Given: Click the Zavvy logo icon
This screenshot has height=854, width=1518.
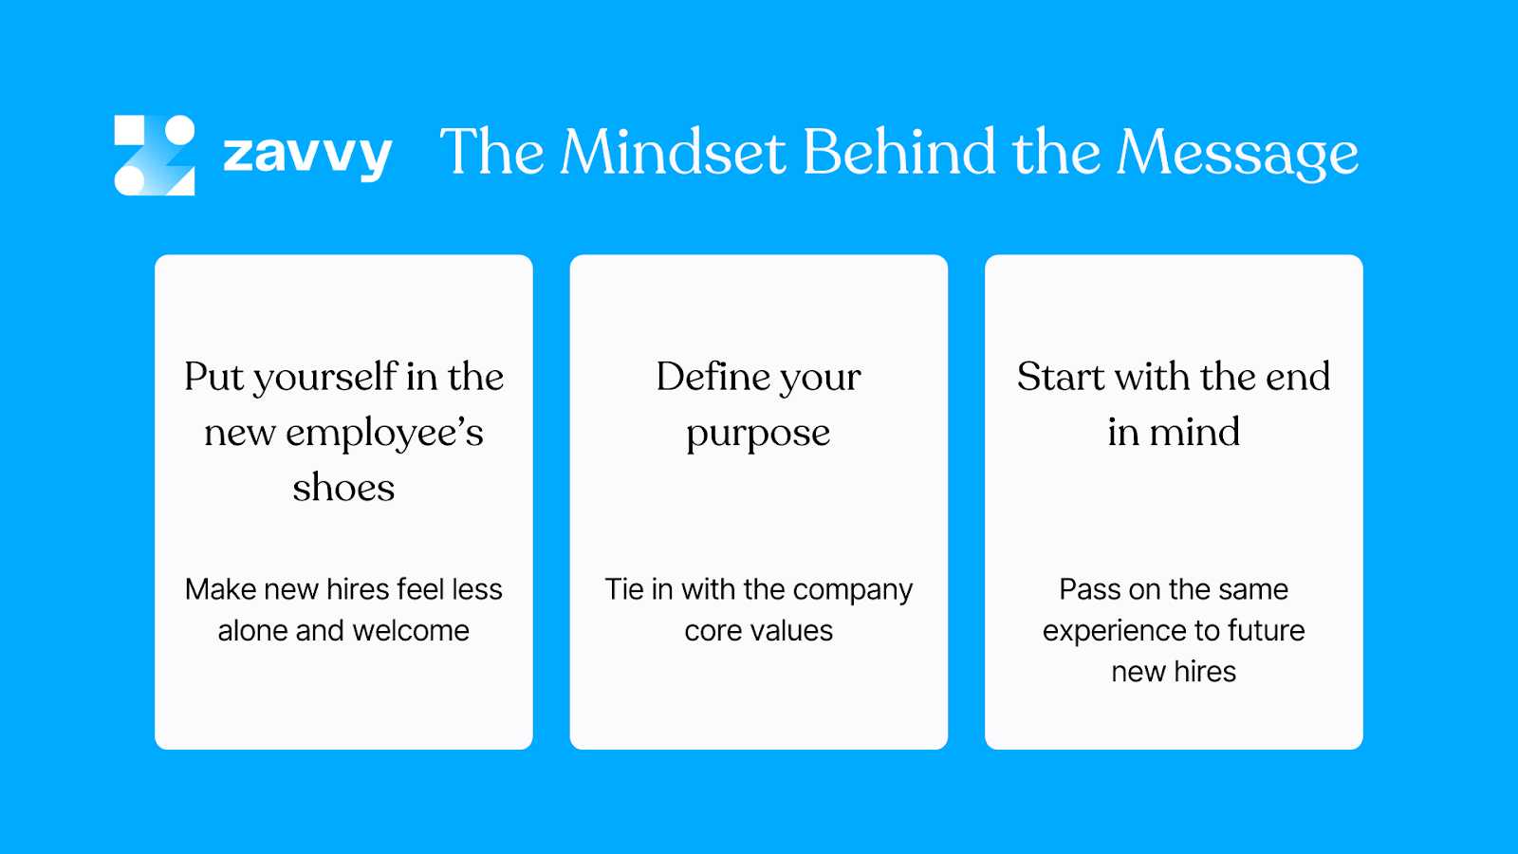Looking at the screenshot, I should (x=155, y=155).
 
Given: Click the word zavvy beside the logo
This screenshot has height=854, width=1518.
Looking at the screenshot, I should (x=307, y=155).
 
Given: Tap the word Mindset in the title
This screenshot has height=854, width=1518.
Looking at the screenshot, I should (x=673, y=152).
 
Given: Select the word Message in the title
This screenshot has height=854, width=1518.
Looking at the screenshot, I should (x=1237, y=154).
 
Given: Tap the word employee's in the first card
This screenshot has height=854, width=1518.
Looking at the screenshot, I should (x=384, y=434).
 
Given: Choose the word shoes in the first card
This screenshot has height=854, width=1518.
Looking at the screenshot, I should (x=343, y=488).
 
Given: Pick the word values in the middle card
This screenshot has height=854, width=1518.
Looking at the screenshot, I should (x=788, y=631).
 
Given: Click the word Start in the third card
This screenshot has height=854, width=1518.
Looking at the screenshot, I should (x=1061, y=377).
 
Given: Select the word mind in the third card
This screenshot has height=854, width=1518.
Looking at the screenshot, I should (x=1194, y=433).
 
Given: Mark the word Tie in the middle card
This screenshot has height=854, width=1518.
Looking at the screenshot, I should (x=624, y=589).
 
